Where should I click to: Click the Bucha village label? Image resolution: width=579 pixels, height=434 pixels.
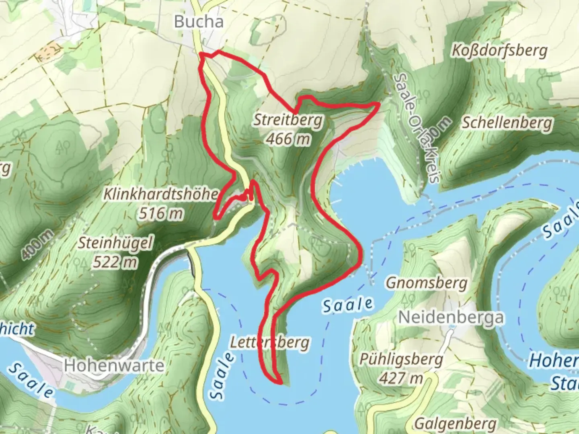click(199, 22)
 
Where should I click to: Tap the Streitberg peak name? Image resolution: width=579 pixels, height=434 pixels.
click(288, 120)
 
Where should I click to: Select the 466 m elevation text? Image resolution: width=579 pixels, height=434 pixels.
click(288, 139)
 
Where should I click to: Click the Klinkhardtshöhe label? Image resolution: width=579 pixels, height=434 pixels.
click(160, 194)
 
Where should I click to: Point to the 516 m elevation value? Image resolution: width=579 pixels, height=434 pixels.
click(161, 213)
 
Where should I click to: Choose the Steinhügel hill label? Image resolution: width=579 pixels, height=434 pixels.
click(116, 243)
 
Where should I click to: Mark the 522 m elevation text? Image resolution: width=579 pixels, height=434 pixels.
click(115, 262)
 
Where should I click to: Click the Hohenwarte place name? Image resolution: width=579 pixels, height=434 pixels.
click(114, 365)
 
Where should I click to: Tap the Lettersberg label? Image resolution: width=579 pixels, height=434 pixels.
click(270, 342)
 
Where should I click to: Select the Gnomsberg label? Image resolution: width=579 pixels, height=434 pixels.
click(427, 283)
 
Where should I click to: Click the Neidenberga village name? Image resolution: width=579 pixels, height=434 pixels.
click(451, 317)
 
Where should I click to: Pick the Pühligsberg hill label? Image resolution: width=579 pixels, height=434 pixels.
click(401, 359)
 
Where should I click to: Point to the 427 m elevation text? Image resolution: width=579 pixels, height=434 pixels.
click(401, 378)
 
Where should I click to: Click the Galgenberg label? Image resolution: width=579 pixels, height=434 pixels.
click(455, 424)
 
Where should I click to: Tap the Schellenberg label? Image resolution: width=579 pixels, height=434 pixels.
click(507, 123)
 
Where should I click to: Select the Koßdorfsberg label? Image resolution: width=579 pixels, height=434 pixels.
click(499, 51)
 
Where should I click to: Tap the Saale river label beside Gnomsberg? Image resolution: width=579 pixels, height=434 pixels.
click(348, 305)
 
